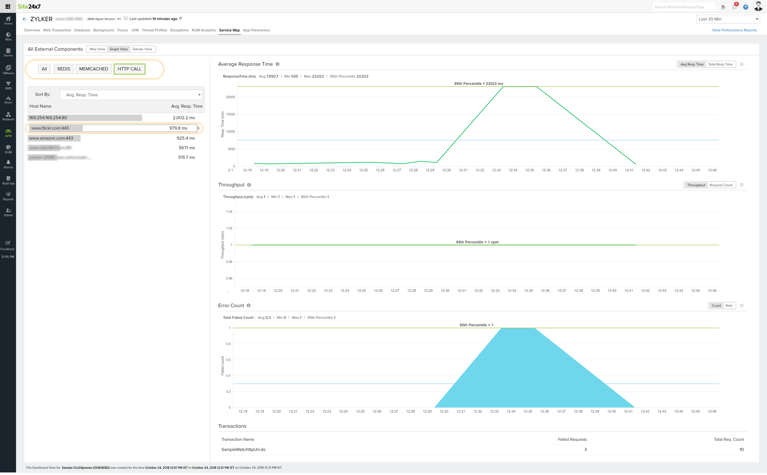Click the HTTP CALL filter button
point(129,69)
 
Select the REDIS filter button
point(64,69)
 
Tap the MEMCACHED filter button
point(94,69)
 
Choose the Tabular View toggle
point(142,49)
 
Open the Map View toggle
point(97,49)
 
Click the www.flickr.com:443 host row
point(114,128)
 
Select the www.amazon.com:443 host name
point(51,138)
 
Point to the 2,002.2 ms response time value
point(184,118)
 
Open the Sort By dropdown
point(131,95)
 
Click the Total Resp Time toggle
point(720,64)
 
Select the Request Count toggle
point(721,185)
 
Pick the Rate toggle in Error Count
point(729,306)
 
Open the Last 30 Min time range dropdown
point(728,19)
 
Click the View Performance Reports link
point(734,30)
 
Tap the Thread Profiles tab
point(154,30)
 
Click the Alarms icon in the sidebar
point(8,164)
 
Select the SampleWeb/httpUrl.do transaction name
point(243,450)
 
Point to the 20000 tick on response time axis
point(230,97)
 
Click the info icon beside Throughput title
point(249,185)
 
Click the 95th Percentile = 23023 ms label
point(479,84)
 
